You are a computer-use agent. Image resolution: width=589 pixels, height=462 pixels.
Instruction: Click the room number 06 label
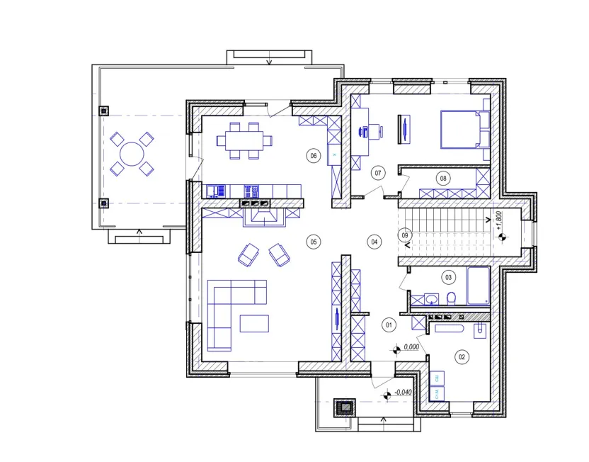314,156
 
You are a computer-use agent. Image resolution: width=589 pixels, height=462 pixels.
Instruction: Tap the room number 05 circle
314,242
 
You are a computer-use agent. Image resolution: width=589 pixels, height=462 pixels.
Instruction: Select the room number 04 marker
374,242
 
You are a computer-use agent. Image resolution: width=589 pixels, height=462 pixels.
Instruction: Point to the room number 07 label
378,173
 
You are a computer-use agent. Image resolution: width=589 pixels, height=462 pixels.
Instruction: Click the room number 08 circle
443,178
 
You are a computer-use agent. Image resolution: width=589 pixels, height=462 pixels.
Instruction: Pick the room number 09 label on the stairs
404,235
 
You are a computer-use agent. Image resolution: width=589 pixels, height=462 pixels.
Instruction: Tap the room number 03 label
448,278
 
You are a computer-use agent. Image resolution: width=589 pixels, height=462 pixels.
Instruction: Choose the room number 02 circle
462,356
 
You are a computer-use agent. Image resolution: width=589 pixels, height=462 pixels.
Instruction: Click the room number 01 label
389,325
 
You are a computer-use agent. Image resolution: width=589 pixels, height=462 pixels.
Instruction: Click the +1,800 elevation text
499,220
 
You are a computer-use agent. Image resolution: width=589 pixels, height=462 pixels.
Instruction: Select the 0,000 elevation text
411,347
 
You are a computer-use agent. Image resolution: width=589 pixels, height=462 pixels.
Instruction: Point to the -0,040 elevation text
403,392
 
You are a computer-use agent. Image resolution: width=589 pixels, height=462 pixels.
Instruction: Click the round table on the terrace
132,154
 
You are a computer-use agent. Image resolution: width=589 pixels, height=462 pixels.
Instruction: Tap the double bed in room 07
465,129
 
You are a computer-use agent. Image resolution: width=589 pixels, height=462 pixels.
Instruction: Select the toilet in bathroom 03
451,298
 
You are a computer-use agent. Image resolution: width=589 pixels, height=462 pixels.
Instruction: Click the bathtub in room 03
478,286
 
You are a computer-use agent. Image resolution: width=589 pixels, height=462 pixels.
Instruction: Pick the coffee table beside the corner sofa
254,324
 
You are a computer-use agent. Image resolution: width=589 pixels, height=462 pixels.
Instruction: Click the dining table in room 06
244,140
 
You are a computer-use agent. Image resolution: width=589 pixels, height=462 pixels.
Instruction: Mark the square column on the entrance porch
344,407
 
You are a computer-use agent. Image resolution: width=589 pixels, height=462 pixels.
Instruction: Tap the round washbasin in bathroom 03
432,299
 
